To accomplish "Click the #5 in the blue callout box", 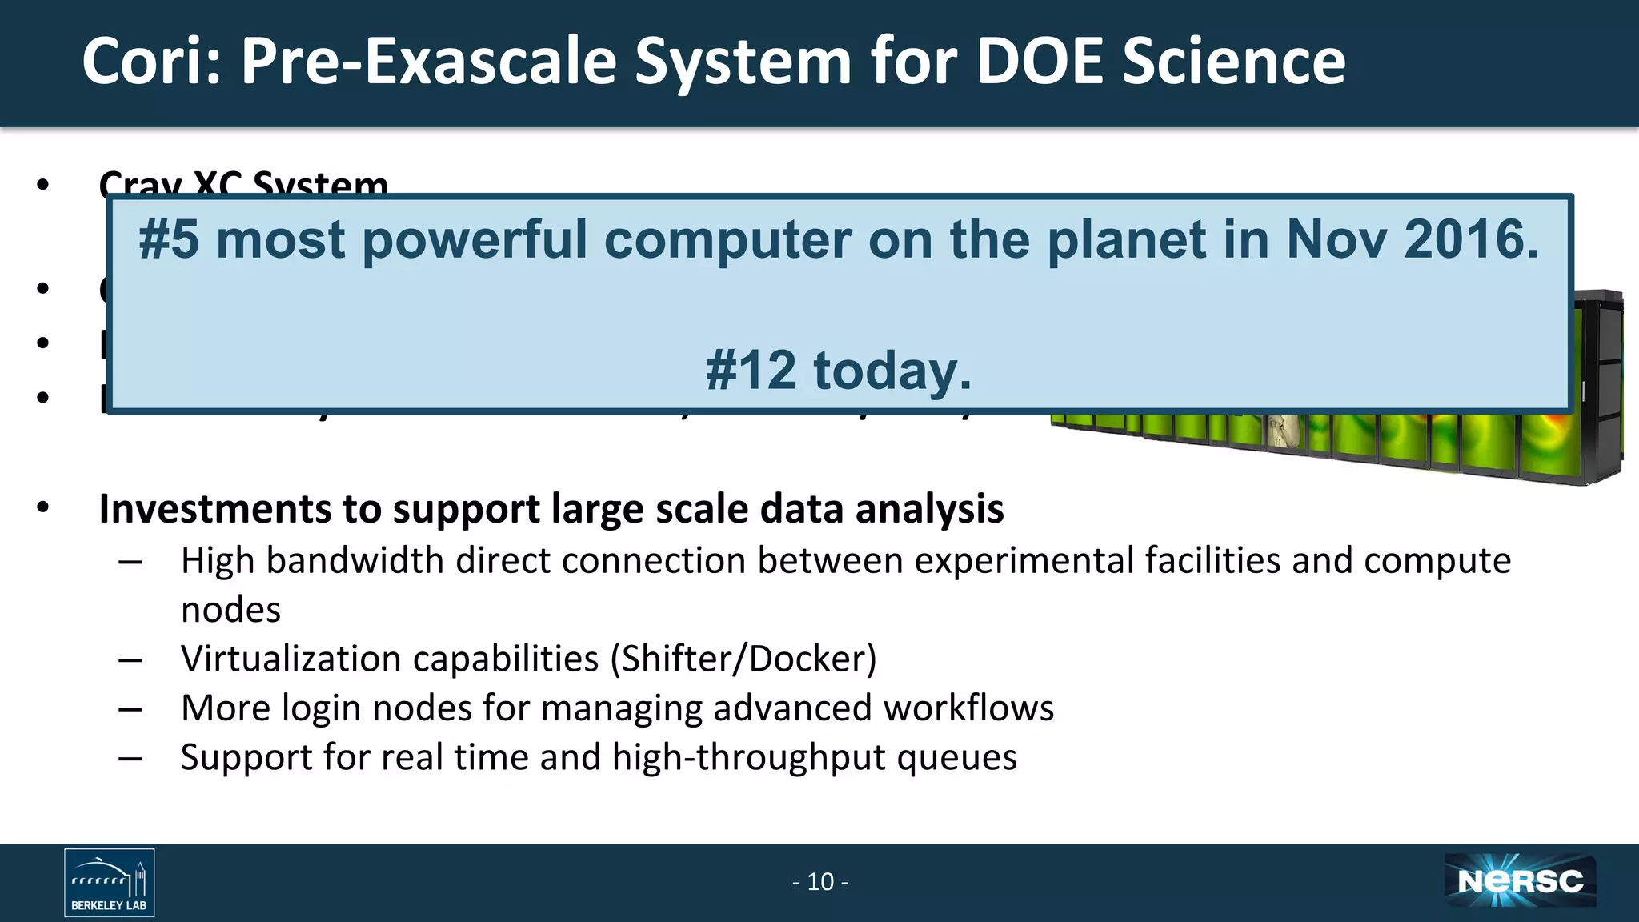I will click(168, 239).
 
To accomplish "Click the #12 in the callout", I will click(751, 371).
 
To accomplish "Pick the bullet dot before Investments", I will click(43, 507).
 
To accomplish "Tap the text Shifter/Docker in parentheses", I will click(743, 659).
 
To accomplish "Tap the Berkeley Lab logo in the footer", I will click(110, 882).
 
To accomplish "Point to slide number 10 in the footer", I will click(820, 882).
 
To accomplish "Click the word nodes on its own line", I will click(230, 611).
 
